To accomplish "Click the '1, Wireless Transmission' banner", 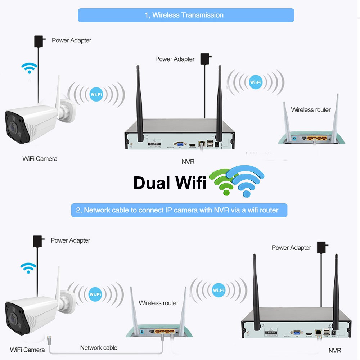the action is tap(186, 15).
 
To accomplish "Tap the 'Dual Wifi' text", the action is tap(170, 183).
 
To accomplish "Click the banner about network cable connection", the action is tap(179, 210).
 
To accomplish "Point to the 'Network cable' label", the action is tap(99, 347).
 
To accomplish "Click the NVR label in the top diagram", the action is tap(188, 162).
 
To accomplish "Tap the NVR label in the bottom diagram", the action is tap(335, 350).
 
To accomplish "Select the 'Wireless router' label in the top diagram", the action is tap(311, 109).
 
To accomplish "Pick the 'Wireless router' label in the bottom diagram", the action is tap(158, 303).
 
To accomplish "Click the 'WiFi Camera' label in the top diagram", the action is tap(40, 158).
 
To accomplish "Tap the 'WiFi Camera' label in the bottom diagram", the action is tap(27, 350).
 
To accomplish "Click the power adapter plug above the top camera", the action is tap(39, 41).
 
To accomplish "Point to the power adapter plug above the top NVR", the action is tap(206, 59).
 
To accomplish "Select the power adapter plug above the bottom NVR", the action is tap(321, 247).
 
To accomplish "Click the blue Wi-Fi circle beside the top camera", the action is tap(95, 95).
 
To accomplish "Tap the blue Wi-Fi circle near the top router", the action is tap(256, 82).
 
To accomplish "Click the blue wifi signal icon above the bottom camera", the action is tap(28, 267).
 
